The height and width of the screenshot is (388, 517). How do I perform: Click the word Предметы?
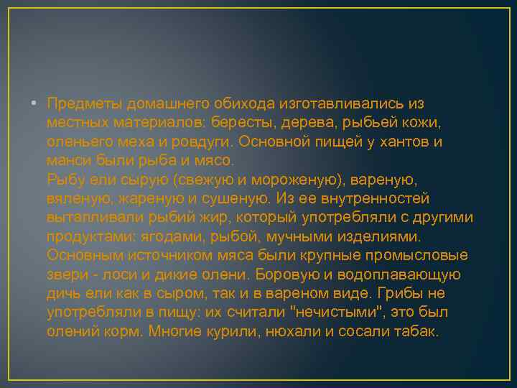(81, 103)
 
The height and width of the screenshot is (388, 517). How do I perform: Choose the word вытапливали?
(90, 218)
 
